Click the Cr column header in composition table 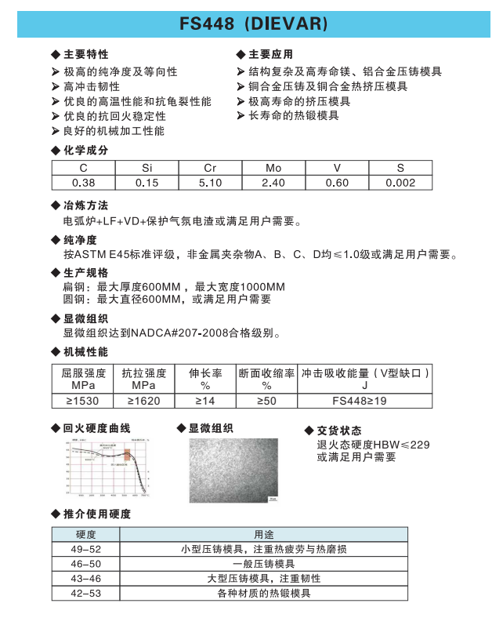coord(210,169)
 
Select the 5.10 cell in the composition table coord(210,183)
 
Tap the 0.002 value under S coord(400,183)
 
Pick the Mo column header coord(273,169)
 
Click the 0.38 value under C coord(83,183)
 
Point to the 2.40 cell coord(273,183)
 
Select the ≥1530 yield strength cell coord(82,400)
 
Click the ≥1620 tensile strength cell coord(143,400)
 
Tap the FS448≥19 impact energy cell coord(365,400)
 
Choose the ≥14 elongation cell coord(205,400)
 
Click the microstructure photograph coord(233,470)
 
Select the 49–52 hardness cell coord(85,549)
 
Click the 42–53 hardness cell coord(85,594)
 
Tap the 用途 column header coord(263,534)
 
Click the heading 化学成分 coord(85,150)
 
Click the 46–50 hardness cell coord(85,564)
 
